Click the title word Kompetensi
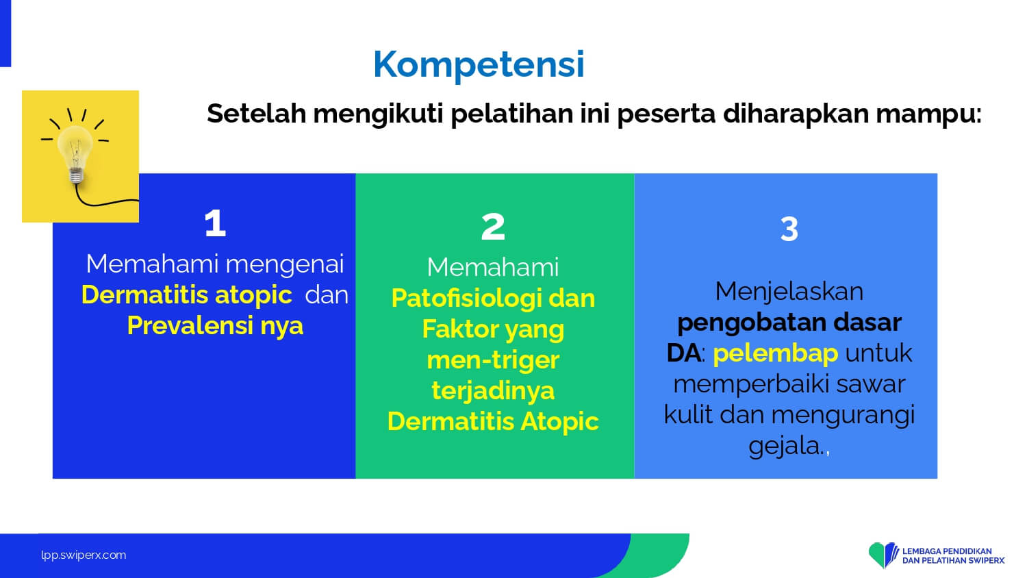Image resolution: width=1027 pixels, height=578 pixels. click(x=479, y=64)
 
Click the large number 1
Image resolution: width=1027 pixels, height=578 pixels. click(x=215, y=223)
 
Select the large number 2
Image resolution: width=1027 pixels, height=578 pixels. click(x=493, y=227)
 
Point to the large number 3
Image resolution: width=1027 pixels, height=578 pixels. click(x=789, y=229)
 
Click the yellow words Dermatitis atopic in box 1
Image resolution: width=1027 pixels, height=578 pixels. click(x=187, y=294)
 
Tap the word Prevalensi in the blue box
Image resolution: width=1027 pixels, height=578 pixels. click(x=190, y=326)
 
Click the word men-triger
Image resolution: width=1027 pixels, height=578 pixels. click(x=493, y=360)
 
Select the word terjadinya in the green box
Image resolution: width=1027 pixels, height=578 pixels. click(x=493, y=391)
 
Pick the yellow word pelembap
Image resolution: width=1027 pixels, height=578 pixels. click(x=775, y=353)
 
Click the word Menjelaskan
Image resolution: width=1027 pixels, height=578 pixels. click(x=789, y=292)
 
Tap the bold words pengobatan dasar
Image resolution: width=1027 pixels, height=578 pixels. click(x=789, y=323)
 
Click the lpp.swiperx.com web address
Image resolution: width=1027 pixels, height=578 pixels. click(x=84, y=555)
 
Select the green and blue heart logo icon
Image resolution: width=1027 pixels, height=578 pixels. click(x=883, y=555)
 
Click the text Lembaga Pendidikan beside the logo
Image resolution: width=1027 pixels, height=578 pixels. click(x=947, y=551)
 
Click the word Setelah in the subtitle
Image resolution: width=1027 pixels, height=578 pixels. click(x=256, y=113)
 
